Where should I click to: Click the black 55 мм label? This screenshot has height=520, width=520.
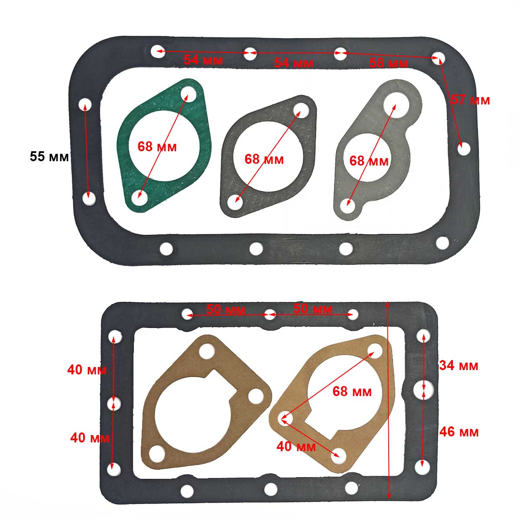(x=49, y=157)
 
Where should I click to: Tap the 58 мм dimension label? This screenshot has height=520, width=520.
(x=388, y=63)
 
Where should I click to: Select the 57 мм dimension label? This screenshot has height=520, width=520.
(x=471, y=100)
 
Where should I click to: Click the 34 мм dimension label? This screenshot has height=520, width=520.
(x=458, y=366)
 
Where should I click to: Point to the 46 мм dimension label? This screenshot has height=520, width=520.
(x=459, y=432)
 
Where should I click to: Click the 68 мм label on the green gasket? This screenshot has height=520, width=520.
(x=157, y=147)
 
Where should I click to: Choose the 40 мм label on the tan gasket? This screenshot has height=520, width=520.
(x=296, y=447)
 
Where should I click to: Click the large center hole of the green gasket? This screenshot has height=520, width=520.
(x=164, y=146)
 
